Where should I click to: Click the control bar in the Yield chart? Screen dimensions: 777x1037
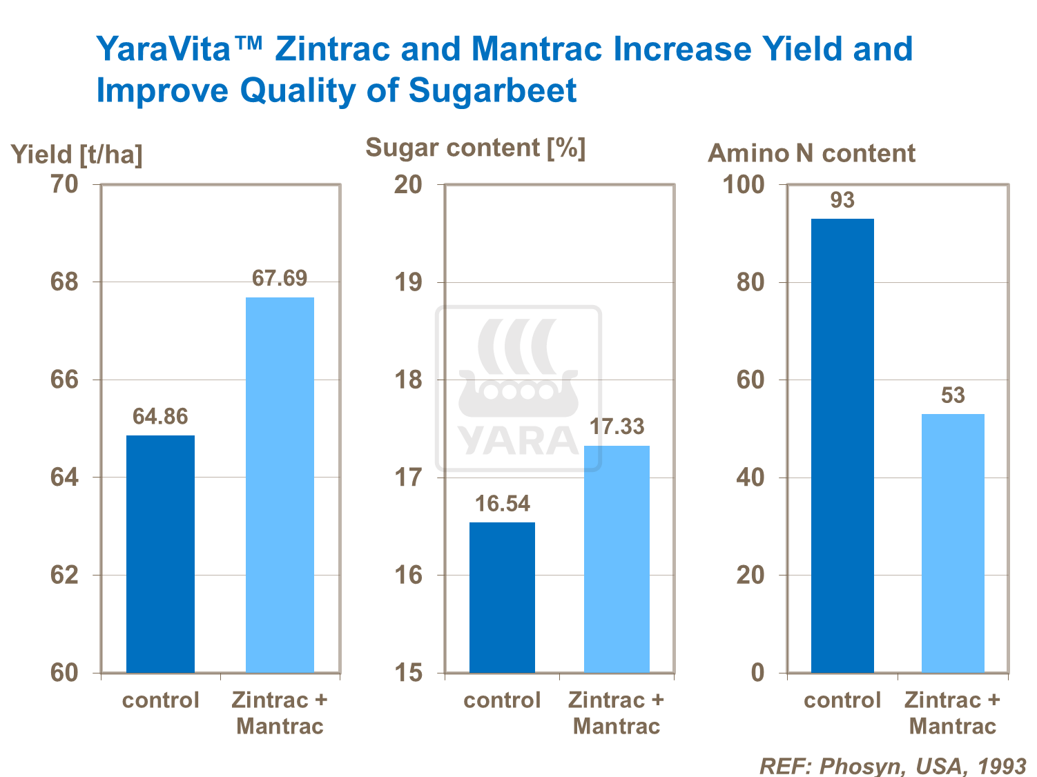[160, 553]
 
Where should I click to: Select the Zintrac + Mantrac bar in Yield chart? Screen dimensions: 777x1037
[280, 484]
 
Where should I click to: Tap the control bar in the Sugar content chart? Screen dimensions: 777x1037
[502, 597]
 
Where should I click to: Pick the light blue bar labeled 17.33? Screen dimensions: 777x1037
[617, 559]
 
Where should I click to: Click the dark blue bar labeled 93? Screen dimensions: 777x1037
[842, 445]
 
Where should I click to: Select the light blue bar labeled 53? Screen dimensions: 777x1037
[953, 543]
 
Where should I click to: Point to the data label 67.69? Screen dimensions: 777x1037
[280, 278]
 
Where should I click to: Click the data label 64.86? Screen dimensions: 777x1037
[160, 417]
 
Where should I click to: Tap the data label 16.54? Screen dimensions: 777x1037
[502, 504]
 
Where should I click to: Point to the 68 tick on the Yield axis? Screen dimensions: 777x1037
[64, 282]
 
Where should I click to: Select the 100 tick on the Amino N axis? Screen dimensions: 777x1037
[743, 185]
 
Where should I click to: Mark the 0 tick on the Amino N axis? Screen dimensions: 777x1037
[757, 673]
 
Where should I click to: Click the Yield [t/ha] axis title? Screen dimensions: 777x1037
[77, 155]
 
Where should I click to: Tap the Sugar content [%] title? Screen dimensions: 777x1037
[475, 148]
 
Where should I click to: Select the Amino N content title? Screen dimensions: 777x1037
[811, 153]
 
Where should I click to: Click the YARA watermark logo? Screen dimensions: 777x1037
[518, 388]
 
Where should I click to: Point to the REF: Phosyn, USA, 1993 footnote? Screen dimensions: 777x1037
[893, 766]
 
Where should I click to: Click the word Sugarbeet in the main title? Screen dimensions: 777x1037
[492, 90]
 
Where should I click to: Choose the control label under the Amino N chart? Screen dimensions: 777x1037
[842, 700]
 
